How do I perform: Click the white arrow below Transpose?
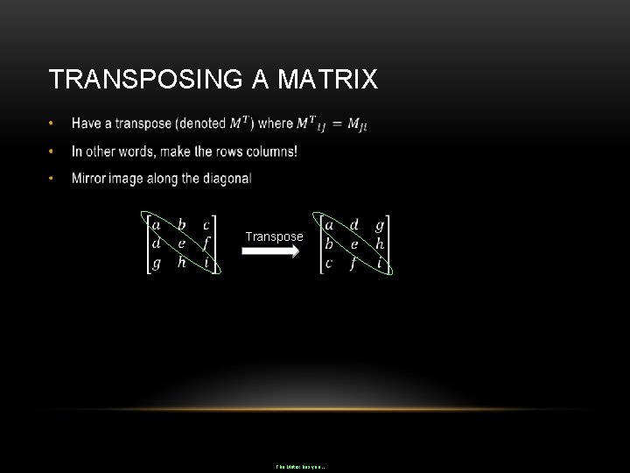coord(270,251)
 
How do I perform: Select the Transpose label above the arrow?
coord(275,236)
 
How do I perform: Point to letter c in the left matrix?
coord(206,226)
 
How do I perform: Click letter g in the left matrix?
coord(156,264)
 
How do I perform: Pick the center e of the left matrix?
coord(181,244)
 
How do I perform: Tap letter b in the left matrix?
coord(181,225)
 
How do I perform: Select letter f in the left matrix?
coord(206,244)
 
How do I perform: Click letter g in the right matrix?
coord(380,226)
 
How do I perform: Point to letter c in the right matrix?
coord(329,263)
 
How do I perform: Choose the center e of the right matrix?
coord(354,244)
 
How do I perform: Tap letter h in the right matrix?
coord(380,244)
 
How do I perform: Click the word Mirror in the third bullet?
coord(90,179)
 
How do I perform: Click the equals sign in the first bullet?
coord(337,124)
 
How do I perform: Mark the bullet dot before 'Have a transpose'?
coord(53,124)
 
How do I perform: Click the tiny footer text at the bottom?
coord(300,467)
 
